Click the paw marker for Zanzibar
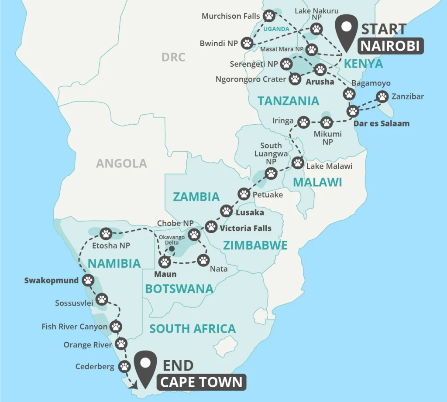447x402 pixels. (382, 97)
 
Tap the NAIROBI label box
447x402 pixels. (391, 46)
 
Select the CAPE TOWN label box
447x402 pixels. (201, 382)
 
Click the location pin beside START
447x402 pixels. (346, 30)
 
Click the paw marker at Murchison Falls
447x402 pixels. (269, 16)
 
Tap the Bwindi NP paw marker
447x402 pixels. (248, 43)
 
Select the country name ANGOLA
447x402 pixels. (121, 164)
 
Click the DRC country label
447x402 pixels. (173, 57)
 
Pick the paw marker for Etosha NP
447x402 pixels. (106, 234)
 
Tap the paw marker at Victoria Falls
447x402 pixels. (211, 227)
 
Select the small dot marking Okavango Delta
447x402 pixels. (172, 249)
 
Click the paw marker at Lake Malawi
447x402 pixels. (298, 163)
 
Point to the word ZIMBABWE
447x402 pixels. (255, 245)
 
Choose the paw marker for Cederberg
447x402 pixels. (124, 366)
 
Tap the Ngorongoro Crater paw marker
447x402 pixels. (296, 79)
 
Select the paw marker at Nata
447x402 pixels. (204, 260)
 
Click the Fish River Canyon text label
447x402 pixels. (75, 327)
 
